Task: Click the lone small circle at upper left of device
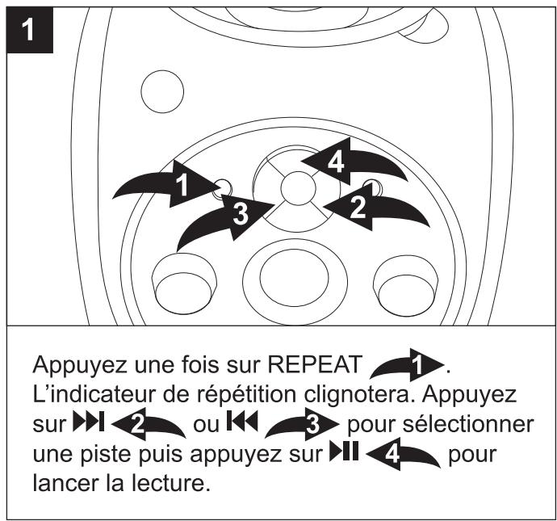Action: (x=158, y=90)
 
